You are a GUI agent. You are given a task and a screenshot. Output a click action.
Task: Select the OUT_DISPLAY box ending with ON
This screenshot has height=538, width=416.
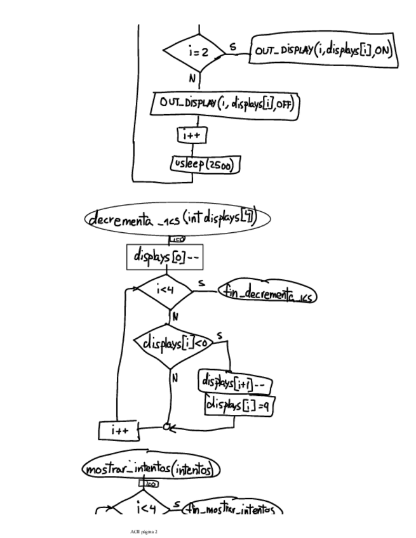pyautogui.click(x=324, y=51)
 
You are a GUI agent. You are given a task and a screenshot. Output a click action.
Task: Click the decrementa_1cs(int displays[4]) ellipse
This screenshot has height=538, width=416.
pyautogui.click(x=177, y=220)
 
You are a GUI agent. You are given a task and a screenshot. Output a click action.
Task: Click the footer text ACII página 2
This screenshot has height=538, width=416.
pyautogui.click(x=144, y=530)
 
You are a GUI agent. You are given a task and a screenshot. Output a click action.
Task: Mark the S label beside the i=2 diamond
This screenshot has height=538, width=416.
pyautogui.click(x=231, y=46)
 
